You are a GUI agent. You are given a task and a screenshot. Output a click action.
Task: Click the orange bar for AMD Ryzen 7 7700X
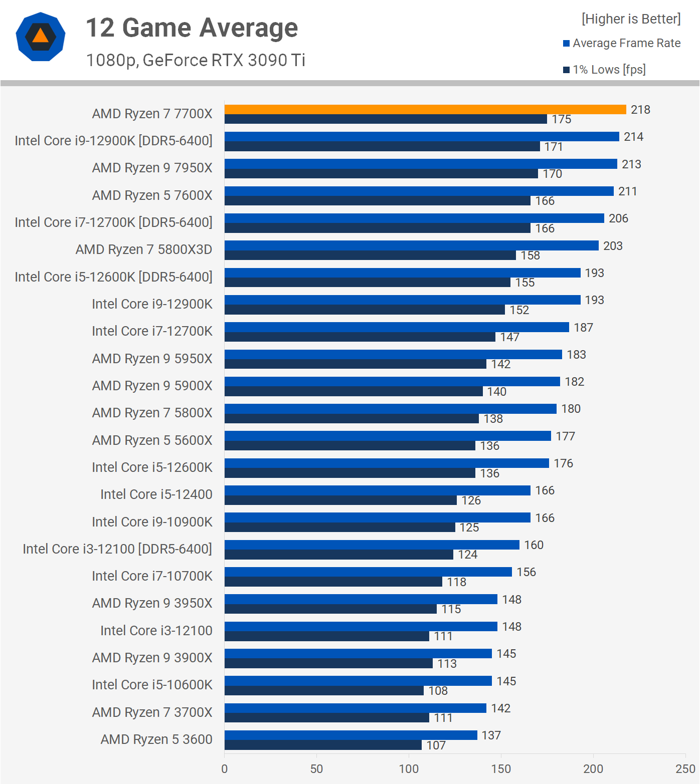tap(425, 110)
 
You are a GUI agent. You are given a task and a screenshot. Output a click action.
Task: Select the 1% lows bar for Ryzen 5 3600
tap(323, 745)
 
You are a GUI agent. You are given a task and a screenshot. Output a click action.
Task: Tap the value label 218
tap(640, 110)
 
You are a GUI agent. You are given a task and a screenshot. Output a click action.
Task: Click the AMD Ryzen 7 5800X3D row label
tap(144, 249)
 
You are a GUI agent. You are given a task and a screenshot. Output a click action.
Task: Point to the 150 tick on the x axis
tap(501, 769)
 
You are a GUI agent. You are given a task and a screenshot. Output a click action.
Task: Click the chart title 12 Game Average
tap(192, 28)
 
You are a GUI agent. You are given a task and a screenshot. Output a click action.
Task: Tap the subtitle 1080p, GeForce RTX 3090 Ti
tap(196, 60)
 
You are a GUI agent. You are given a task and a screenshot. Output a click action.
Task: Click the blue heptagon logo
tap(41, 37)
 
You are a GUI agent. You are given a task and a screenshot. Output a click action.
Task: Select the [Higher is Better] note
tap(631, 19)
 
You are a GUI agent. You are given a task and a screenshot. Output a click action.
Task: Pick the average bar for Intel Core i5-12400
tap(377, 490)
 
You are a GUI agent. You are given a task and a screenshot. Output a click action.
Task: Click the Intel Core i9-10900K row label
tap(152, 522)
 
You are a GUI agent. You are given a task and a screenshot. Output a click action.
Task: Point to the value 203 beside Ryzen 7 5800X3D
tap(613, 246)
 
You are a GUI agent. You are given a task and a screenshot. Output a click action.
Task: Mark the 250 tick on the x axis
tap(685, 769)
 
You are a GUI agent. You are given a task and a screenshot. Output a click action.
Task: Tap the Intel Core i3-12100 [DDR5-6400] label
tap(117, 549)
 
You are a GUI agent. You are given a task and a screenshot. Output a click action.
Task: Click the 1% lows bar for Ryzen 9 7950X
tap(381, 174)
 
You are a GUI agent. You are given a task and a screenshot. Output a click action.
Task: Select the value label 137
tap(491, 735)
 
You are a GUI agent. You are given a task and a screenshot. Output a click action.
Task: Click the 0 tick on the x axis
tap(225, 769)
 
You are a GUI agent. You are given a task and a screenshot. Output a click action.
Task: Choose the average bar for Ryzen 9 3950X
tap(361, 599)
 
